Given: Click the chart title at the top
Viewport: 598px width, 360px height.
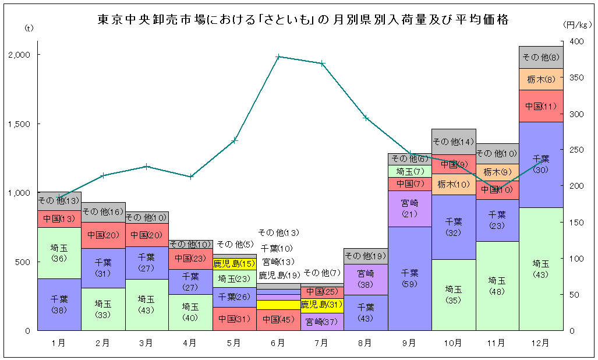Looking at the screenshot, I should pyautogui.click(x=303, y=20).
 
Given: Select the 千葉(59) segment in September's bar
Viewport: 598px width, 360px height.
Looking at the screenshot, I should pyautogui.click(x=409, y=278).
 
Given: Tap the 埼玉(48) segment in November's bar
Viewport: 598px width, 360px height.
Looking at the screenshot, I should pyautogui.click(x=497, y=285).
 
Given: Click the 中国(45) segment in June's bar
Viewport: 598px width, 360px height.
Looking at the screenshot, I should pyautogui.click(x=278, y=320).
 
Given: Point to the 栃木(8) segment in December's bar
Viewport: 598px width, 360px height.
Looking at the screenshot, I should pyautogui.click(x=541, y=79).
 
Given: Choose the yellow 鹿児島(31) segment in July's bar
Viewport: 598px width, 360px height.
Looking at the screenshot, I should pyautogui.click(x=322, y=305).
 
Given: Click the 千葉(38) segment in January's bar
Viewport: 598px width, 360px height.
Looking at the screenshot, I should pyautogui.click(x=59, y=304).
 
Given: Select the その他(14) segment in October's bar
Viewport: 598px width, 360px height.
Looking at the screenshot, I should pyautogui.click(x=454, y=142).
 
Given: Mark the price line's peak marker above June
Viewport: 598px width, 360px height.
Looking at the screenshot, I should pyautogui.click(x=278, y=57).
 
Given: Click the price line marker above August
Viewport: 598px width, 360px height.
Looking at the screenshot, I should pyautogui.click(x=366, y=118).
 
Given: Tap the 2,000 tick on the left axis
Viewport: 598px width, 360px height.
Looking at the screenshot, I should pyautogui.click(x=20, y=55).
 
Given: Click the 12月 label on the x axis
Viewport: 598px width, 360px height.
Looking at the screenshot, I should pyautogui.click(x=541, y=343).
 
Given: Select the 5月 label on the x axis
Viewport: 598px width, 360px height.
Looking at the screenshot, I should pyautogui.click(x=234, y=343).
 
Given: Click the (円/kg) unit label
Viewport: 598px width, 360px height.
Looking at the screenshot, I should pyautogui.click(x=578, y=24).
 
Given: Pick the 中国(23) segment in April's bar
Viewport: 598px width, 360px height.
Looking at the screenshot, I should pyautogui.click(x=190, y=258).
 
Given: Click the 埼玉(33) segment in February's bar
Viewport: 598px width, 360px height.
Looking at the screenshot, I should pyautogui.click(x=103, y=309).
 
